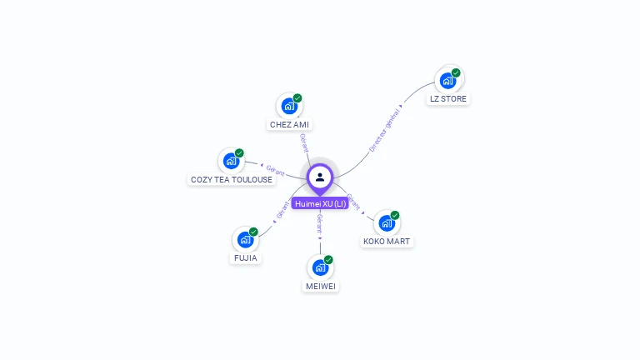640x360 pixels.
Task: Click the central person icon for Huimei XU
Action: [x=320, y=177]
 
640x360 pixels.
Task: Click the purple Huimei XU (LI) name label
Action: [x=320, y=203]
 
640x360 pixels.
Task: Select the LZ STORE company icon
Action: [x=448, y=81]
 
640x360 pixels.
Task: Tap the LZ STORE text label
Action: [x=448, y=98]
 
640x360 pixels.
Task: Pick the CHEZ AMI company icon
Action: [x=289, y=107]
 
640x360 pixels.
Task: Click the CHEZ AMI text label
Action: [x=289, y=124]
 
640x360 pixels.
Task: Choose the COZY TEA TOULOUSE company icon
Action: [x=231, y=162]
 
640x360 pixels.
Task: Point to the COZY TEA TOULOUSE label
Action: [x=232, y=179]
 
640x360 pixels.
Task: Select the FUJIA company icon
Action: [x=245, y=240]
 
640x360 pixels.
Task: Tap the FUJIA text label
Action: [x=246, y=257]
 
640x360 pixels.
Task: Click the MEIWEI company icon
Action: [x=321, y=268]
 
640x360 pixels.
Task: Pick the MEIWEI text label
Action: [x=321, y=286]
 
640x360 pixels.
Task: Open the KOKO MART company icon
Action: [x=387, y=223]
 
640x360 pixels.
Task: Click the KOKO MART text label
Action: [x=387, y=241]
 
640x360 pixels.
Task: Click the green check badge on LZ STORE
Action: [x=456, y=72]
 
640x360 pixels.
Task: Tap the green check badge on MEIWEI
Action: [x=328, y=260]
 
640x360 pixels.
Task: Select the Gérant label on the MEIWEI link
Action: [x=320, y=222]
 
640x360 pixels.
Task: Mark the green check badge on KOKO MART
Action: [x=395, y=215]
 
